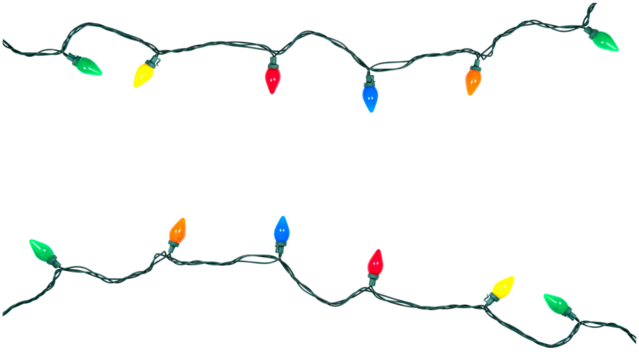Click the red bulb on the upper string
click(x=272, y=79)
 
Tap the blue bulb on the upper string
click(x=370, y=96)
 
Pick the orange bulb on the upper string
click(x=472, y=80)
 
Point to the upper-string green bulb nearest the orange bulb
click(x=605, y=40)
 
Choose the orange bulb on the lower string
click(x=177, y=232)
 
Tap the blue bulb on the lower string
click(x=281, y=230)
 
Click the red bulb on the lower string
click(x=375, y=262)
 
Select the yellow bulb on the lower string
click(x=502, y=287)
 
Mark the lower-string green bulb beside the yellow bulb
click(x=556, y=302)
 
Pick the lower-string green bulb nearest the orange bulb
click(x=42, y=250)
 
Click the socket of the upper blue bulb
click(x=369, y=75)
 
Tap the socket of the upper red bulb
click(x=272, y=61)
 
